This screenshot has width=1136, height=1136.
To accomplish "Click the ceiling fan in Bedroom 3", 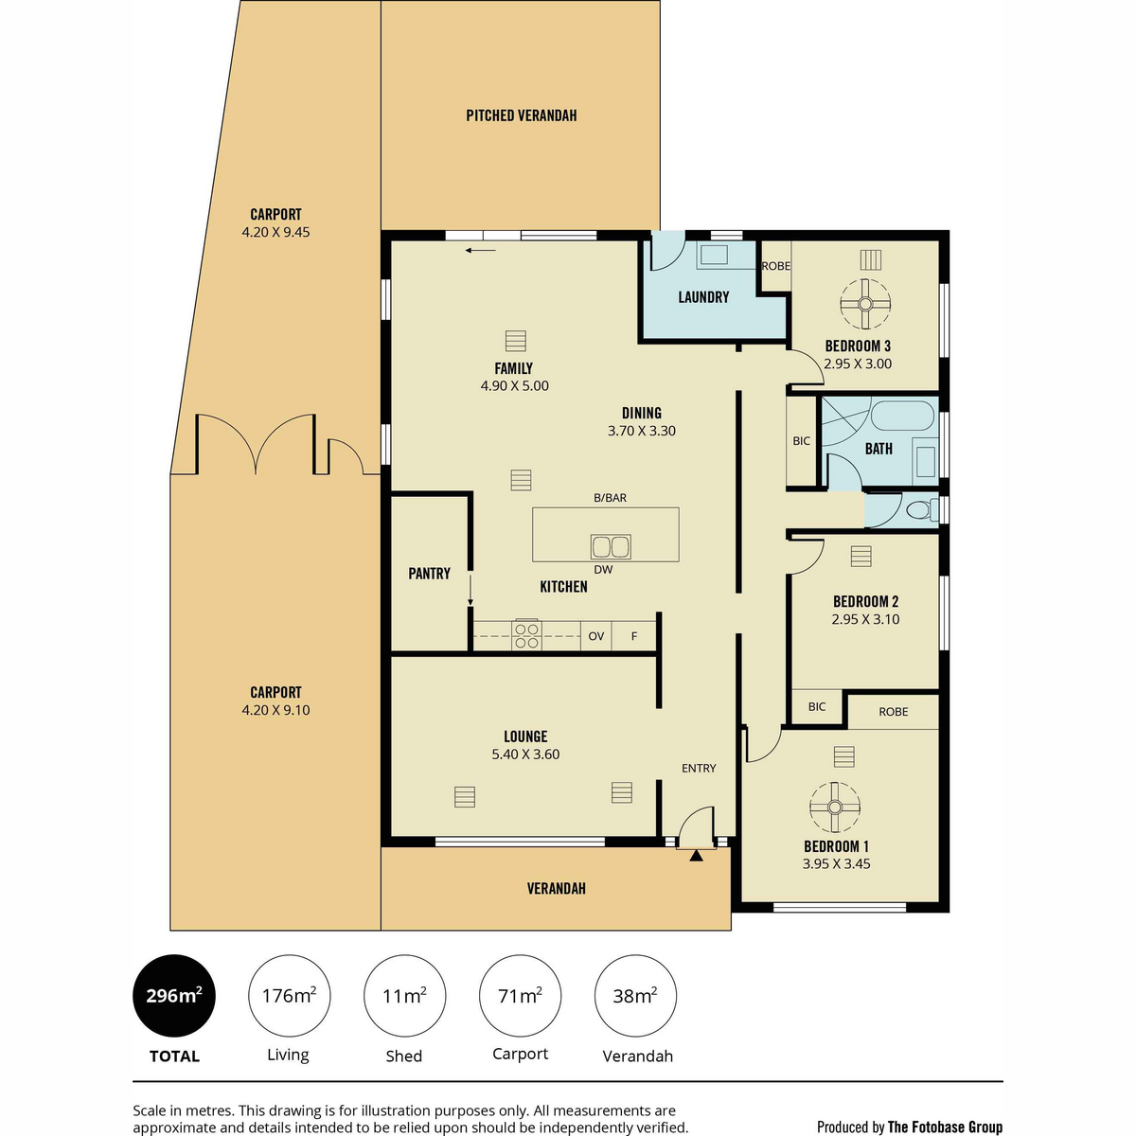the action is click(x=865, y=304).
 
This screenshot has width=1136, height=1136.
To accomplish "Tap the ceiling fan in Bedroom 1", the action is click(x=834, y=808).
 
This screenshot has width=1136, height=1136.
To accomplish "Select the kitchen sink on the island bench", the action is click(x=611, y=547).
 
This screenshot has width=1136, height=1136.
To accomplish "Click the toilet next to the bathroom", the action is click(x=921, y=509).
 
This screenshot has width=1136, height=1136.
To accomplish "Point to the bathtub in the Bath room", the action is click(x=902, y=417).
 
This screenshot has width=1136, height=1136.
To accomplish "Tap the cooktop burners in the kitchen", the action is click(x=526, y=635).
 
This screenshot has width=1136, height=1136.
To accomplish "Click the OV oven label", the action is click(x=596, y=636).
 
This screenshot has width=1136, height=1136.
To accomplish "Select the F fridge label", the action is click(x=634, y=636).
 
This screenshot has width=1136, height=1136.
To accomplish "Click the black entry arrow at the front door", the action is click(x=696, y=856).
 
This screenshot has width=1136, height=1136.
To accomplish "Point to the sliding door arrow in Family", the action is click(x=481, y=251).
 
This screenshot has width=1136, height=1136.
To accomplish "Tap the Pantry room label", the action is click(x=429, y=573).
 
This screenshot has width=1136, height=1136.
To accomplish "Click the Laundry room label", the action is click(x=703, y=297).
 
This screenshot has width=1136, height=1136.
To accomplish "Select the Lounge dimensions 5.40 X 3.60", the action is click(x=525, y=754).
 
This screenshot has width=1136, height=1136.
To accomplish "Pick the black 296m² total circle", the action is click(x=174, y=996).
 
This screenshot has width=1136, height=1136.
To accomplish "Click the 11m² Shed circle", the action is click(x=404, y=996).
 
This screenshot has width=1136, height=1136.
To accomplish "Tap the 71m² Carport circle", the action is click(x=520, y=996).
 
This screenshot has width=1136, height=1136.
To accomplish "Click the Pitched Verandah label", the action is click(x=521, y=115).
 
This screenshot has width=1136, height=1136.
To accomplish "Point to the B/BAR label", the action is click(x=610, y=498).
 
